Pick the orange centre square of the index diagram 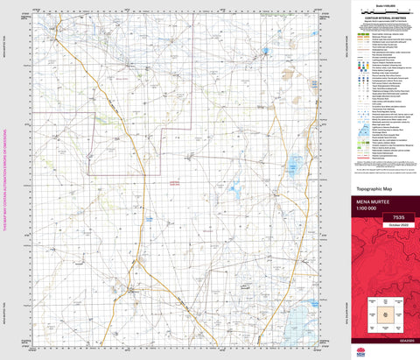(x=384, y=312)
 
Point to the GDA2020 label (x=384, y=338)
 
